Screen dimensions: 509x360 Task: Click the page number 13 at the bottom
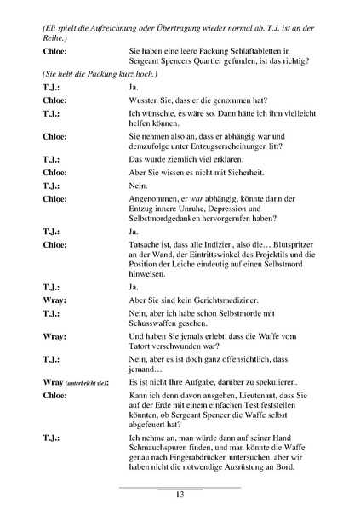pyautogui.click(x=180, y=495)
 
